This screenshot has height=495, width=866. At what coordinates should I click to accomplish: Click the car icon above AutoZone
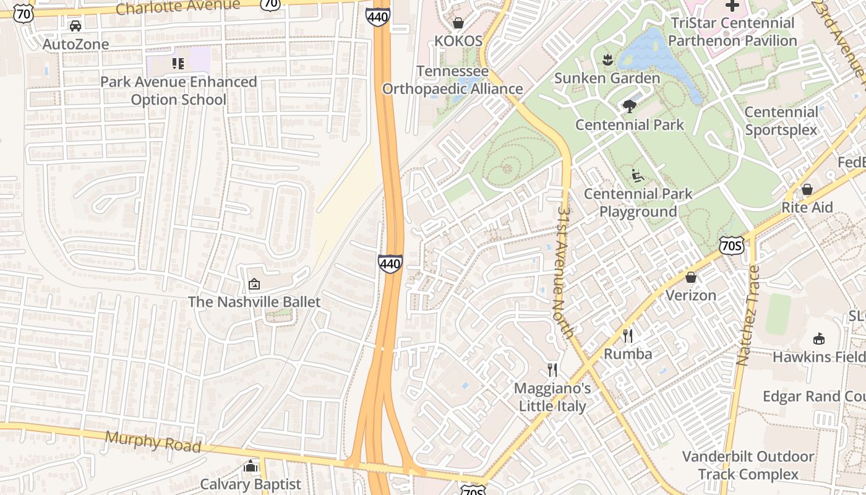click(x=75, y=26)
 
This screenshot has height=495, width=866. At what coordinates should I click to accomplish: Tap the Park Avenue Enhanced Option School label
click(x=178, y=90)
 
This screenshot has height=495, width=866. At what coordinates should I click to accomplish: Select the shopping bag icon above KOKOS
click(x=458, y=24)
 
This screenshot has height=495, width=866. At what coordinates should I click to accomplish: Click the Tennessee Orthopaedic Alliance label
click(x=452, y=80)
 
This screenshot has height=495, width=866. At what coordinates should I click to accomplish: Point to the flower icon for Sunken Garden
click(x=607, y=60)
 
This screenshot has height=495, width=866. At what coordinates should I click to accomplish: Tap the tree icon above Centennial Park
click(x=630, y=106)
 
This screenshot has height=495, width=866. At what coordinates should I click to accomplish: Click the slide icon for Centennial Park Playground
click(x=638, y=176)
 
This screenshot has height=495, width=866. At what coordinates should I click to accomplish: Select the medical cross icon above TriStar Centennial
click(x=732, y=6)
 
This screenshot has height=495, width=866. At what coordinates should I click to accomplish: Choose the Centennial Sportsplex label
click(x=781, y=121)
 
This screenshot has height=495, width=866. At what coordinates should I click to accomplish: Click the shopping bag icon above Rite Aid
click(x=807, y=189)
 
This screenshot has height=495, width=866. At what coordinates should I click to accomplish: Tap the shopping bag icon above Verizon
click(x=691, y=277)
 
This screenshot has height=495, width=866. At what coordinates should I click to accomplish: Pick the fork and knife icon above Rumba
click(x=628, y=335)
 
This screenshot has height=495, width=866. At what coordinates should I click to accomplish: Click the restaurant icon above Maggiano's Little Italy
click(x=552, y=370)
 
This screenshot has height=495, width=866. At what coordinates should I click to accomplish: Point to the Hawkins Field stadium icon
click(x=820, y=338)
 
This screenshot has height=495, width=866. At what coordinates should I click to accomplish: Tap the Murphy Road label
click(x=153, y=441)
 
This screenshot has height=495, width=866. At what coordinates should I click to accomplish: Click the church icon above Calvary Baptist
click(x=251, y=466)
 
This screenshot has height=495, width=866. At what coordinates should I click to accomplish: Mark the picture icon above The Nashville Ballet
click(x=254, y=284)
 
